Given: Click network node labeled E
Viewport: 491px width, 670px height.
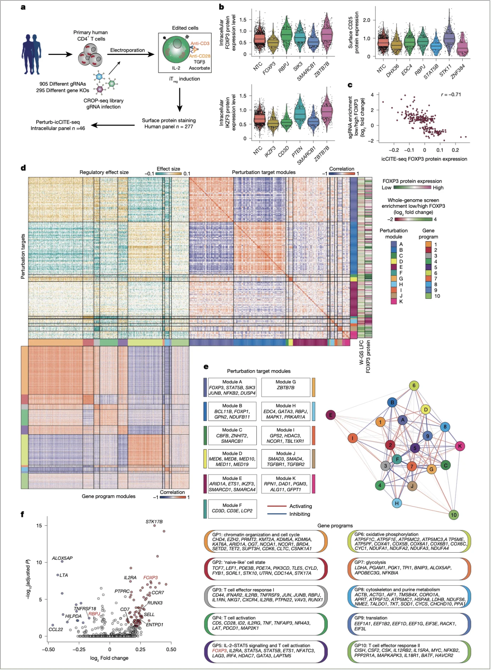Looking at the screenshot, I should (331, 415).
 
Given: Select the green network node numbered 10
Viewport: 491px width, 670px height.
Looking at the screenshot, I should (454, 515).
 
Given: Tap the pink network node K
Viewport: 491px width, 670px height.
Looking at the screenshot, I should (460, 446).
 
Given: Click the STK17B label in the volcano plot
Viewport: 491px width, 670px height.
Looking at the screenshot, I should (154, 522).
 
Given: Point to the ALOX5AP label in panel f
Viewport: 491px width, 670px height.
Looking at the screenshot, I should (62, 558).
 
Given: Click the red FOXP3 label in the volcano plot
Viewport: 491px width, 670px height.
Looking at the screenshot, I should (150, 577).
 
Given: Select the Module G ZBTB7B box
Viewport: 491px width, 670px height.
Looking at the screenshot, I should (286, 387).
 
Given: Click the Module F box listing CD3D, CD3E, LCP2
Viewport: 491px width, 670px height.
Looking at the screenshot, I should (232, 508).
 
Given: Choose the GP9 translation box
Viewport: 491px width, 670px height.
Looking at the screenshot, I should (409, 624).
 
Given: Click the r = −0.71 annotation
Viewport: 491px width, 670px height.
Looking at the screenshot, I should (451, 95).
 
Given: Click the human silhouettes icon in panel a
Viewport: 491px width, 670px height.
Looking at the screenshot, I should (32, 54).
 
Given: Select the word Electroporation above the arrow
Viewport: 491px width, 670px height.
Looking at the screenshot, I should (127, 50).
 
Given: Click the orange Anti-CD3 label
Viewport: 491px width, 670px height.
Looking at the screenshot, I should (200, 43).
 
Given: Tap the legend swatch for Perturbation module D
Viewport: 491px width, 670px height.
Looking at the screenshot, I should (393, 262).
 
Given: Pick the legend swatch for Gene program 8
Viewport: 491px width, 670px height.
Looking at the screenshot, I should (428, 284).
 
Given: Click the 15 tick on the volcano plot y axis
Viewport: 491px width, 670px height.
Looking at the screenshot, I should (39, 525).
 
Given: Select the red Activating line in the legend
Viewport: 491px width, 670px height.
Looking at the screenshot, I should (276, 506).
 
